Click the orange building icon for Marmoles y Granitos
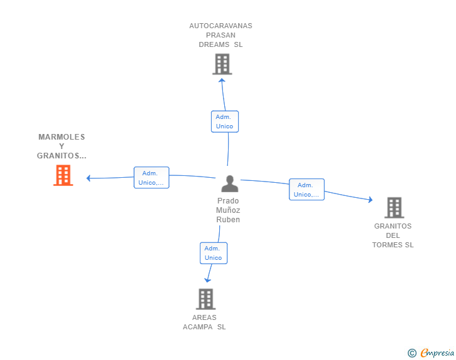pyautogui.click(x=63, y=175)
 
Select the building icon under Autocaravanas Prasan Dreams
pyautogui.click(x=222, y=64)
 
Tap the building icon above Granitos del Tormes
pyautogui.click(x=395, y=208)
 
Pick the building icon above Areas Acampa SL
pyautogui.click(x=205, y=299)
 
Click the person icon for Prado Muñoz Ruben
pyautogui.click(x=230, y=184)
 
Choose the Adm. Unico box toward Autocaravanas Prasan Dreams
pyautogui.click(x=225, y=121)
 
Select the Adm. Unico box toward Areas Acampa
pyautogui.click(x=214, y=254)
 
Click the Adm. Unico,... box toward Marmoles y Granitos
pyautogui.click(x=151, y=178)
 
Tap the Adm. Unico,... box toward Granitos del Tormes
pyautogui.click(x=306, y=190)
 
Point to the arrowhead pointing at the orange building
pyautogui.click(x=88, y=178)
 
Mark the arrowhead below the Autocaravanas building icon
pyautogui.click(x=222, y=80)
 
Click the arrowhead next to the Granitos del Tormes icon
pyautogui.click(x=371, y=200)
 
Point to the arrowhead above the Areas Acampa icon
pyautogui.click(x=208, y=280)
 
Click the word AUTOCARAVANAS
pyautogui.click(x=220, y=26)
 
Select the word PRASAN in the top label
pyautogui.click(x=220, y=35)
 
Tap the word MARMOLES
pyautogui.click(x=61, y=137)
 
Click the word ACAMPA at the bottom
pyautogui.click(x=198, y=327)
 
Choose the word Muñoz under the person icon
pyautogui.click(x=228, y=210)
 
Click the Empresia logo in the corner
pyautogui.click(x=431, y=352)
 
